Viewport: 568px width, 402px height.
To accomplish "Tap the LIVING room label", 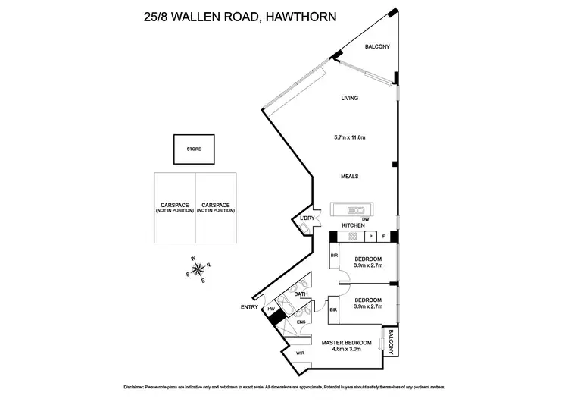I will (349, 98).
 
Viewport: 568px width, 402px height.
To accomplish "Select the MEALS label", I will (349, 177).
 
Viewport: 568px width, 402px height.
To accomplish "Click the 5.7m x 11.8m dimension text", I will (349, 137).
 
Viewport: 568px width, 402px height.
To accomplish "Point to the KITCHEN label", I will (354, 226).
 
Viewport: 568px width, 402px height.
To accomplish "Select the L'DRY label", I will (307, 219).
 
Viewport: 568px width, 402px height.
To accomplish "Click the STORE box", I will (195, 149).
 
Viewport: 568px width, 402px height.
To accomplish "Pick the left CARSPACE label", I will (174, 207).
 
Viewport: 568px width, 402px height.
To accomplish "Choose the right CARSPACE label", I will (215, 207).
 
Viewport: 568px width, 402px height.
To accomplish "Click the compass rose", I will (200, 270).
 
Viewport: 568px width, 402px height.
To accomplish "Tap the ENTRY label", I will (249, 306).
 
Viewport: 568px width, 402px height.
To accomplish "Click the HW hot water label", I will (270, 309).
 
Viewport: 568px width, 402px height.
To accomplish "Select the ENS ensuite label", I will (301, 322).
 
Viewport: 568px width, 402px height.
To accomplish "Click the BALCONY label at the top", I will (376, 47).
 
